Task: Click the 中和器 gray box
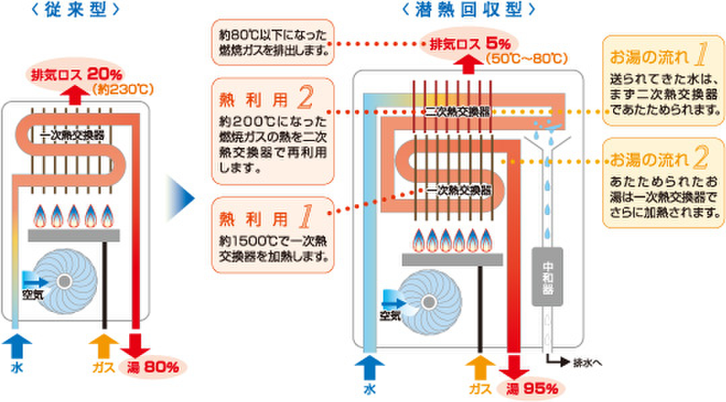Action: click(x=547, y=275)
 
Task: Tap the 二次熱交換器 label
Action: click(x=458, y=112)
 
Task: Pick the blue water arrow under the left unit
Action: click(x=16, y=348)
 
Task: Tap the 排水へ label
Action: click(x=587, y=363)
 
